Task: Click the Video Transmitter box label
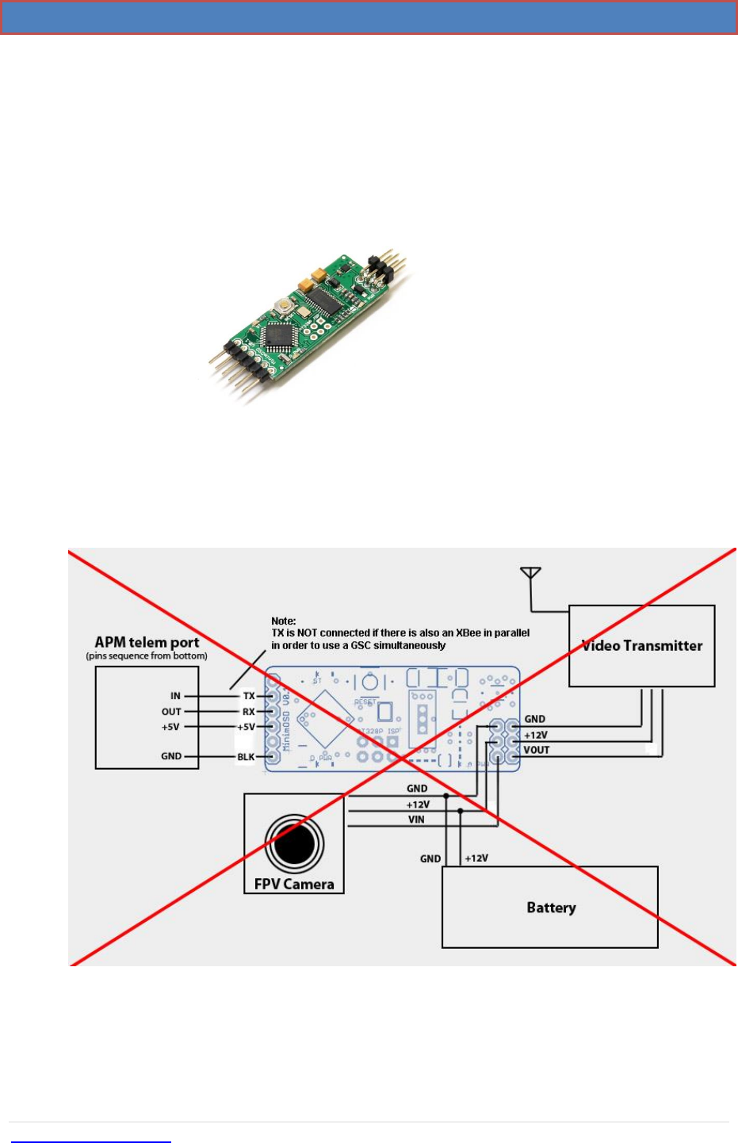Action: pos(642,646)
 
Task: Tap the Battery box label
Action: pos(551,908)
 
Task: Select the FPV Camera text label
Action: pos(294,884)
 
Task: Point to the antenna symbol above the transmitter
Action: pos(530,573)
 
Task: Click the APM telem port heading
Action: pos(147,642)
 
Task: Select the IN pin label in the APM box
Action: pos(175,696)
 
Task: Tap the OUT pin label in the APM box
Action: pos(171,712)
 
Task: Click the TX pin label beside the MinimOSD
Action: pos(249,696)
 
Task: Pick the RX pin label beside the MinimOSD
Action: pos(249,712)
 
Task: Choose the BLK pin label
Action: pos(246,757)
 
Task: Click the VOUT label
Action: pos(537,750)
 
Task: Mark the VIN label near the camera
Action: pos(416,820)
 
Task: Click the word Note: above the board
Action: pos(283,621)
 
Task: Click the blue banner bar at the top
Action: pos(369,17)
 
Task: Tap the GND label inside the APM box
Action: pos(171,756)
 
